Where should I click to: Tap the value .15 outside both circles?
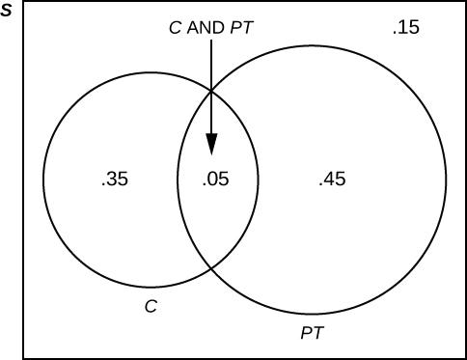[406, 28]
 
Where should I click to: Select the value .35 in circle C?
[114, 179]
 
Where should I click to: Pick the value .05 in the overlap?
[214, 179]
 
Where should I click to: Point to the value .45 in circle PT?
[332, 179]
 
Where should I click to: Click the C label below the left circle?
[150, 306]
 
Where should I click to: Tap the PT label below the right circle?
[312, 334]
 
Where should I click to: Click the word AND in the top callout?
[206, 28]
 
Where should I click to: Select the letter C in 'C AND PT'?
[175, 28]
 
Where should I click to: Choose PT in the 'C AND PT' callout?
[240, 28]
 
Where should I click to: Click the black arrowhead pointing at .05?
[211, 144]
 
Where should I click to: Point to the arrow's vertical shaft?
[211, 87]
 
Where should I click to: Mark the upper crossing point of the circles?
[211, 91]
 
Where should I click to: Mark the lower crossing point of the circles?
[211, 267]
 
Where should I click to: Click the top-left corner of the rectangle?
[23, 3]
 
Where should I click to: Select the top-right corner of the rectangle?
[465, 3]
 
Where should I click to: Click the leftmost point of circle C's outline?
[41, 180]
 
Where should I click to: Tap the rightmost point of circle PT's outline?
[447, 179]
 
